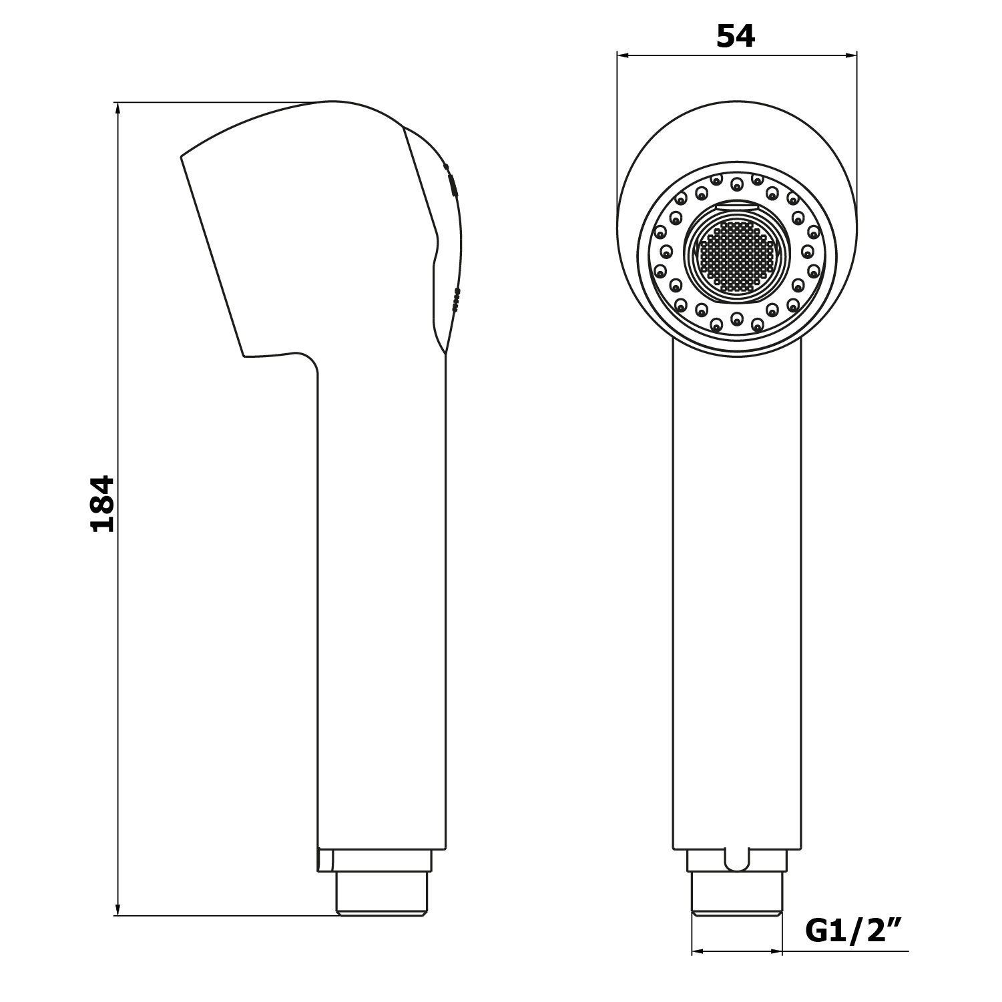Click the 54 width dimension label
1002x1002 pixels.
tap(736, 36)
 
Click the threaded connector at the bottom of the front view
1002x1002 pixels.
tap(737, 894)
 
